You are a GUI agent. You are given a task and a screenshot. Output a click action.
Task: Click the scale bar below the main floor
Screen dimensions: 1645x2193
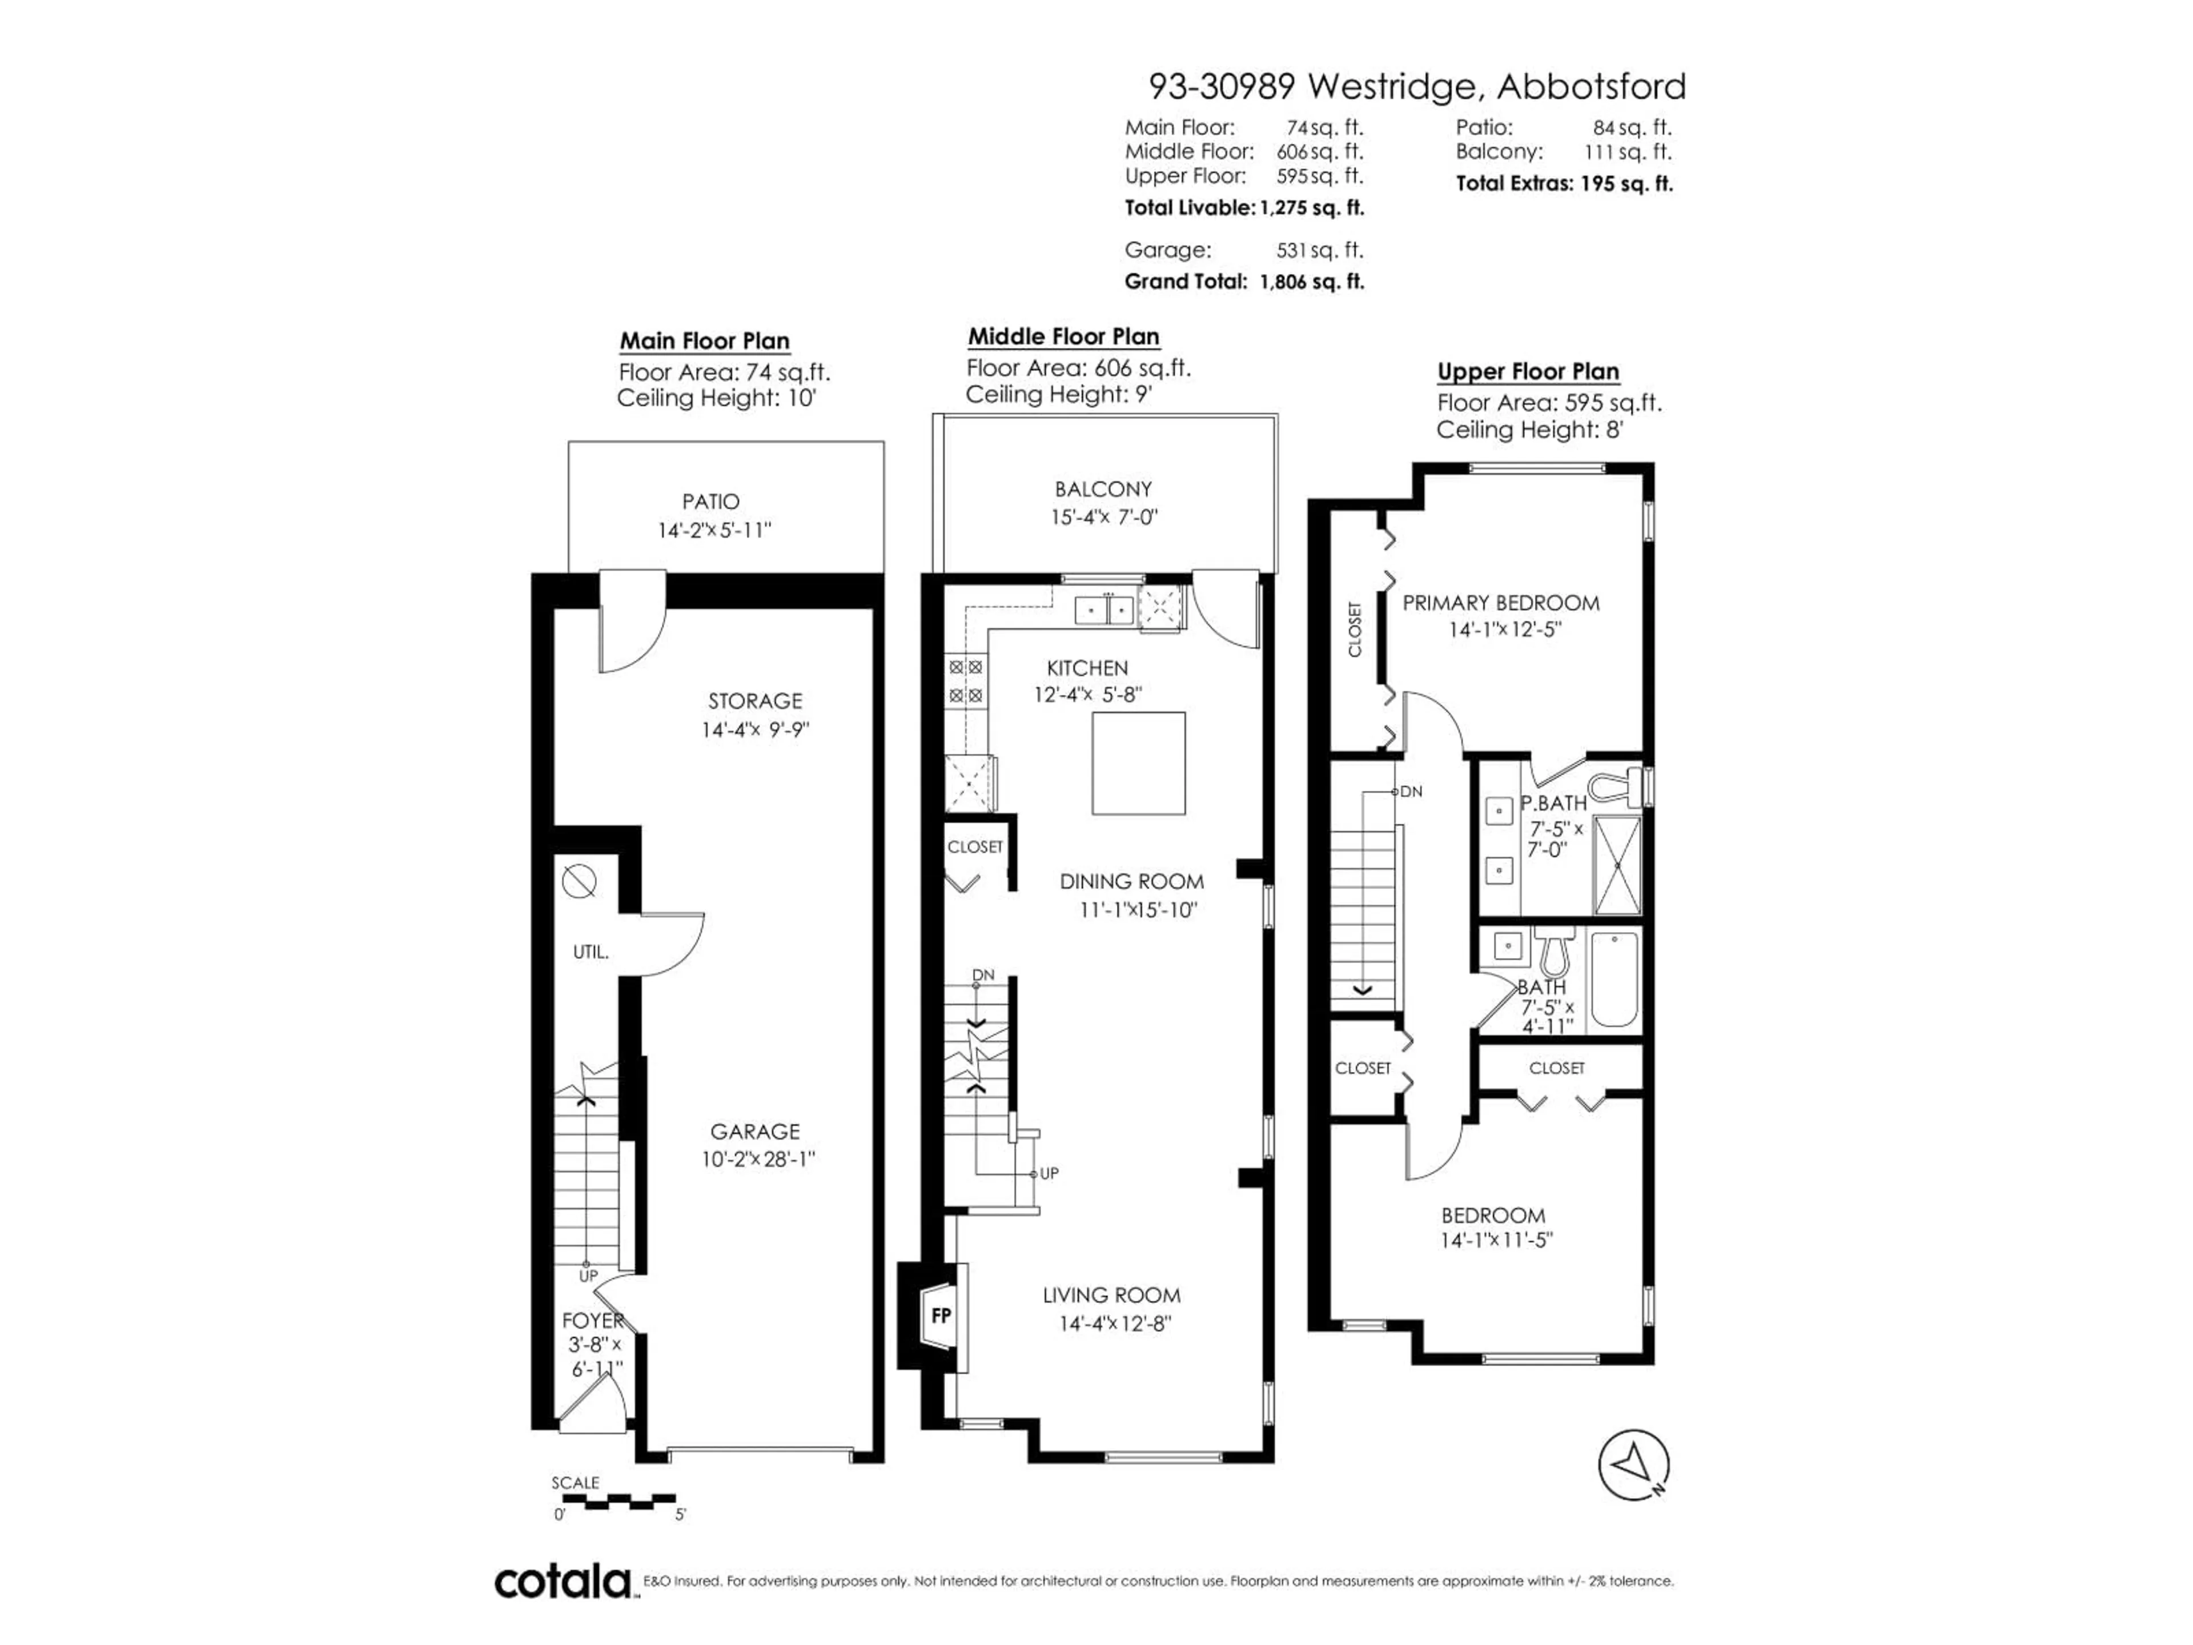(x=614, y=1501)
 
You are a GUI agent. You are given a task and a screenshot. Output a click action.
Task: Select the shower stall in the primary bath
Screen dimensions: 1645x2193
(x=1616, y=865)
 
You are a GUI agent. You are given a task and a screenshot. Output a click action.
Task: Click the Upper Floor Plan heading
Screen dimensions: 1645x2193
(x=1528, y=372)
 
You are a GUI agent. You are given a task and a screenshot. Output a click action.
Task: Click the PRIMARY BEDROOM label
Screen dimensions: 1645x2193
(x=1500, y=603)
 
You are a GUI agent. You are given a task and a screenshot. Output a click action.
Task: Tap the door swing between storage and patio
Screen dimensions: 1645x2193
(x=633, y=623)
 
